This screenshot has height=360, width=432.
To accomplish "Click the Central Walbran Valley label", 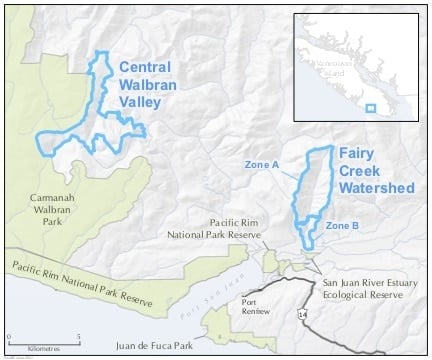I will point(152,83).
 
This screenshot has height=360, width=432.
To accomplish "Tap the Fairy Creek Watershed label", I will point(375,170).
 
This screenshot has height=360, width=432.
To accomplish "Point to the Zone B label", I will point(342,226).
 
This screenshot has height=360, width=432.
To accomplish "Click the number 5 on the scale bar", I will point(79,336).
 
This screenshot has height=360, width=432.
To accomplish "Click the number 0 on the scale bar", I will point(8,336).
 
